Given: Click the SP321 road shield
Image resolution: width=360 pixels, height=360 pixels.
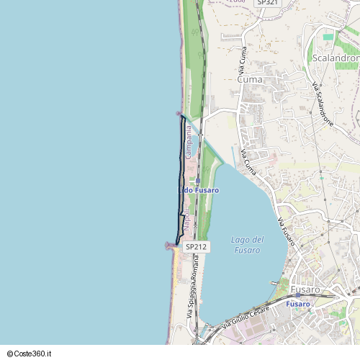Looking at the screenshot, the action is [x=267, y=3].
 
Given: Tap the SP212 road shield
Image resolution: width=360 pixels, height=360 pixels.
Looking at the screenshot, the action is [x=196, y=246].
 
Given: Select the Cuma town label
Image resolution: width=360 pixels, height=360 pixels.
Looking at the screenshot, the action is [x=249, y=80].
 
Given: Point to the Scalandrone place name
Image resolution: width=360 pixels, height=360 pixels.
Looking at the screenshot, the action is [x=336, y=58].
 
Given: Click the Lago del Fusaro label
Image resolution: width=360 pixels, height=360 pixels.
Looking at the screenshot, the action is [x=247, y=245].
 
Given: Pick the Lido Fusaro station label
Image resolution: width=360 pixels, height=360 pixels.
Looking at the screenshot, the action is [x=199, y=190].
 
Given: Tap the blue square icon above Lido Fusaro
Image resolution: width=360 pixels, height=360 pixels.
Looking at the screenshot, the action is [x=197, y=181].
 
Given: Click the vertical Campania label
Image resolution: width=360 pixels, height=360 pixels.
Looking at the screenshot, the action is [x=189, y=143].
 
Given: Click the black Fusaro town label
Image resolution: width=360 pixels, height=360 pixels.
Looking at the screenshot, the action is [x=306, y=289].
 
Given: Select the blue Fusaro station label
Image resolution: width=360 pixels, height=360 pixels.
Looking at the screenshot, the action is [x=297, y=305].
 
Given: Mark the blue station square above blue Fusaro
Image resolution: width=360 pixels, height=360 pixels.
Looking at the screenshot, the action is [x=297, y=295].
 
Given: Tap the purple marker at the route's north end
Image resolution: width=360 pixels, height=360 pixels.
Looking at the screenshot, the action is [x=179, y=114].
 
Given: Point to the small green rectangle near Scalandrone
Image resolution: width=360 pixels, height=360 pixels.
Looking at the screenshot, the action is [x=328, y=36].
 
